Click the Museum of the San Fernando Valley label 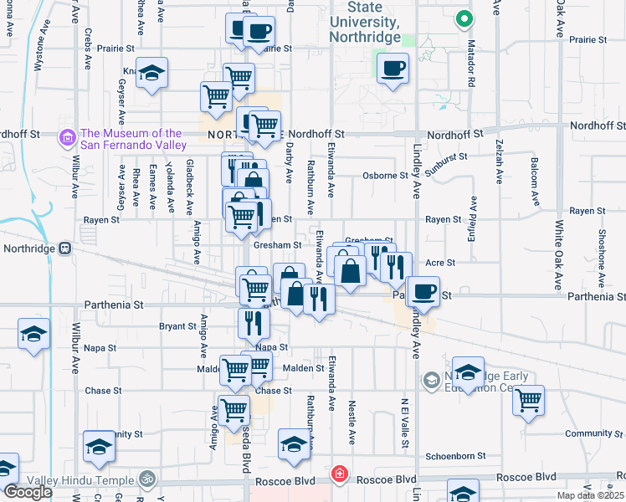[x=132, y=139]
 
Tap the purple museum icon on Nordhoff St [x=66, y=136]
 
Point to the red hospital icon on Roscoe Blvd [x=339, y=474]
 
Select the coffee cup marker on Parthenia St [x=423, y=291]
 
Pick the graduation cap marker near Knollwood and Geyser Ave [x=151, y=74]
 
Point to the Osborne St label [x=385, y=176]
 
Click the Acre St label [x=439, y=263]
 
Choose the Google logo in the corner [x=28, y=492]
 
